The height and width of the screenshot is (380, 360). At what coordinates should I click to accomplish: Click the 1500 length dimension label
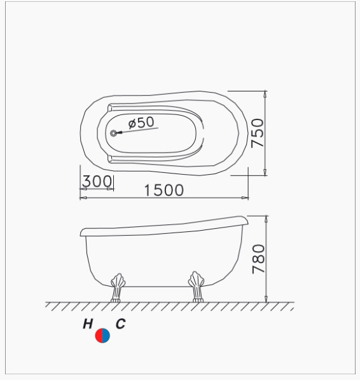click(x=164, y=190)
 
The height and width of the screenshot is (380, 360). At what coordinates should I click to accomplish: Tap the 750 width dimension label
click(x=258, y=133)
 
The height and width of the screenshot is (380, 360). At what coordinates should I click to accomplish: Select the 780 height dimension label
click(x=259, y=259)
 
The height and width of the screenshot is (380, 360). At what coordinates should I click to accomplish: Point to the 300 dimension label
click(x=97, y=181)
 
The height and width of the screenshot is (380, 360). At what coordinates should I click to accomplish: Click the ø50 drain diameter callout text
click(x=141, y=123)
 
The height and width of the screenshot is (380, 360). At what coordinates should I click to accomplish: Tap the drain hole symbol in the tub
click(x=113, y=133)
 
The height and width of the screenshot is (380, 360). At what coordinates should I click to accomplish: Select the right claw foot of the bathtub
click(x=197, y=287)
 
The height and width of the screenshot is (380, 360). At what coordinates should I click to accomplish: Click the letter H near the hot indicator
click(x=88, y=324)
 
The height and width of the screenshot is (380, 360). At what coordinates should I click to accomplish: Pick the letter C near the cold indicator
click(x=121, y=324)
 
